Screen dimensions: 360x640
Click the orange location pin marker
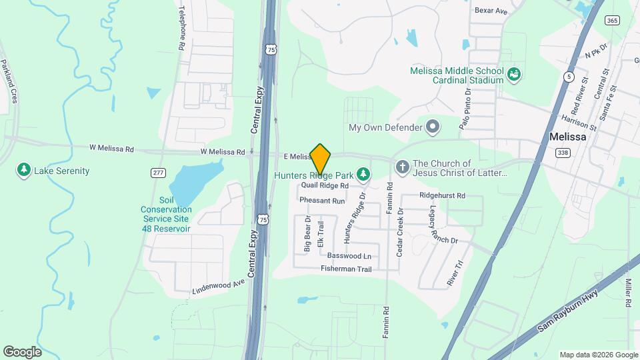321,159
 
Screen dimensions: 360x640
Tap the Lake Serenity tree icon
24,171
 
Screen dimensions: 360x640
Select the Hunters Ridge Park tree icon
363,175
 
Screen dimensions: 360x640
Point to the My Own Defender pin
433,127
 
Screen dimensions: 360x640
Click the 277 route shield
158,173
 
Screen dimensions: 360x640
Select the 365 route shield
612,21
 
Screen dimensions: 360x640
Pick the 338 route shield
563,153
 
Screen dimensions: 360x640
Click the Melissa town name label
567,137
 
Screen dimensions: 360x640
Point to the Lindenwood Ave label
219,286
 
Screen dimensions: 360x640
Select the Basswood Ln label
349,256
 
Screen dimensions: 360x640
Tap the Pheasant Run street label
322,200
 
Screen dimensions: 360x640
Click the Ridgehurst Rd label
441,195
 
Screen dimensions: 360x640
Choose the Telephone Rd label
181,29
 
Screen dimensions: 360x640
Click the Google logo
22,351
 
